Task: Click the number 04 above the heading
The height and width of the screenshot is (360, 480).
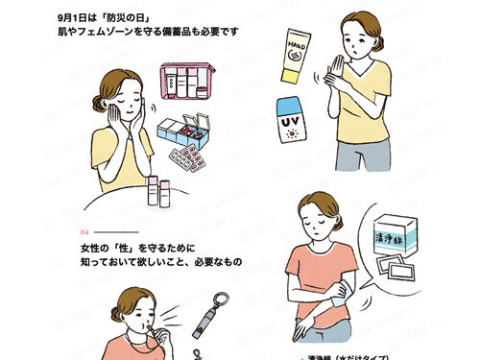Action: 84,231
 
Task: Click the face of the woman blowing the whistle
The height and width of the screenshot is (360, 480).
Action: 131,322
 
